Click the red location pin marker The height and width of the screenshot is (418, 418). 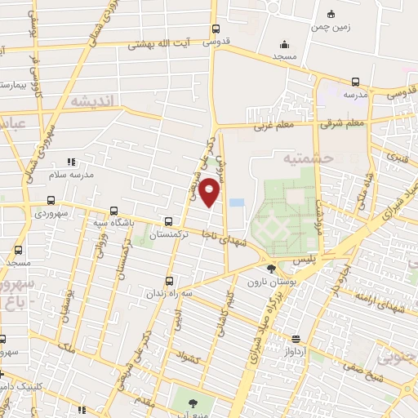(x=210, y=191)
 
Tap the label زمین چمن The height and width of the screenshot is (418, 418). (x=329, y=26)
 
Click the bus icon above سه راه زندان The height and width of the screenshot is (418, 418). (x=169, y=278)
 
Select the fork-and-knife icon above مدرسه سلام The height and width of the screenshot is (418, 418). (x=71, y=162)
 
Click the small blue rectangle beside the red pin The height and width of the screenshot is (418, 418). (x=236, y=201)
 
